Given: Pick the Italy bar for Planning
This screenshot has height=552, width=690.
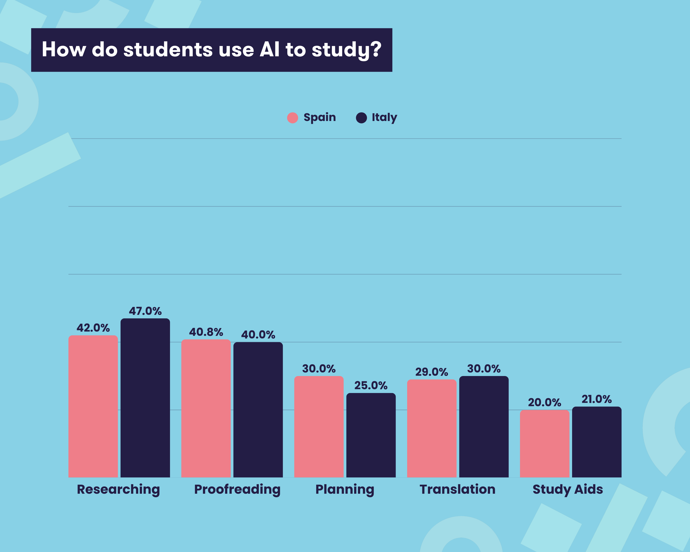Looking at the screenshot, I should click(x=371, y=435).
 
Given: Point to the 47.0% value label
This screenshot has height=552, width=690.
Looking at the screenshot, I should click(x=145, y=311).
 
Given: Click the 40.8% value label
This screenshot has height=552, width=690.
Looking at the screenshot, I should click(x=206, y=332).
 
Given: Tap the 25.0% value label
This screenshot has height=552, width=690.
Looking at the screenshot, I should click(x=371, y=385).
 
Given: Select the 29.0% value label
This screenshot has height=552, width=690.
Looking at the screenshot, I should click(x=431, y=372).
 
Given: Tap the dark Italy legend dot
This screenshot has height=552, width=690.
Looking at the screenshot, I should click(x=361, y=118).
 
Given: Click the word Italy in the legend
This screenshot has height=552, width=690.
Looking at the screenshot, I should click(x=384, y=117).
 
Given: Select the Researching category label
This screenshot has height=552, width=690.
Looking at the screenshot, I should click(x=118, y=489).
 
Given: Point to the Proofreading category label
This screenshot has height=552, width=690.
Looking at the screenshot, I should click(x=237, y=489).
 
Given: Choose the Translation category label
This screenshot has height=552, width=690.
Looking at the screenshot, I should click(x=457, y=489).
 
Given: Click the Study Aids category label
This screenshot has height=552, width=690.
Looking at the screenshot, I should click(x=568, y=489).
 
